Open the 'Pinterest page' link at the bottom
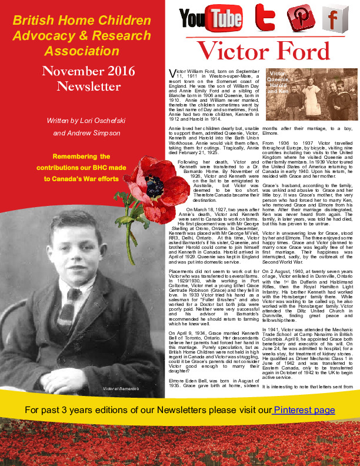[304, 410]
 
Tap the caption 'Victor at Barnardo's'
[121, 389]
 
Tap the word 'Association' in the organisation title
[81, 50]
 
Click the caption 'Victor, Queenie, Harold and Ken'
[278, 82]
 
